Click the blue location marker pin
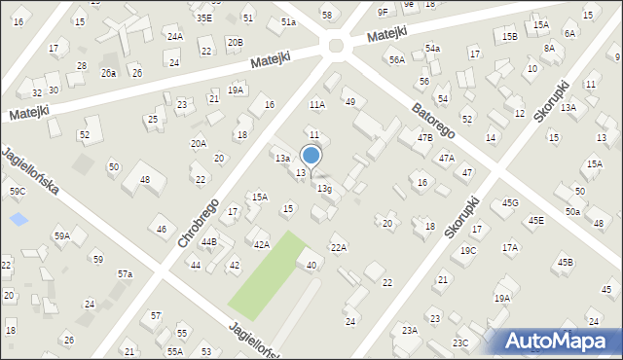point(311,156)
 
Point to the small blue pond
point(18,218)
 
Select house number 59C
point(18,192)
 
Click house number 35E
point(203,18)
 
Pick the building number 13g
point(323,189)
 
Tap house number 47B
point(424,138)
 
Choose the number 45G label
point(510,202)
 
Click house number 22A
point(338,248)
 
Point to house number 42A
point(262,245)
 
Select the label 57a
point(125,274)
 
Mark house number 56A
point(396,60)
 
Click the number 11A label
point(316,104)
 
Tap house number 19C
point(468,250)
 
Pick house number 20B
point(235,43)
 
